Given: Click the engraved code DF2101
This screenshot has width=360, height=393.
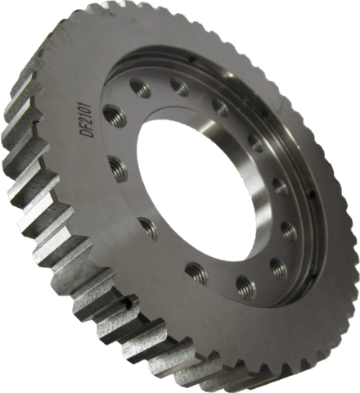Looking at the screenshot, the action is (83, 121).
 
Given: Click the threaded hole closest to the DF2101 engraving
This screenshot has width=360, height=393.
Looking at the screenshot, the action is (114, 115).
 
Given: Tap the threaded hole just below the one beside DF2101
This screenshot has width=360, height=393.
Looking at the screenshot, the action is (118, 169).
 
